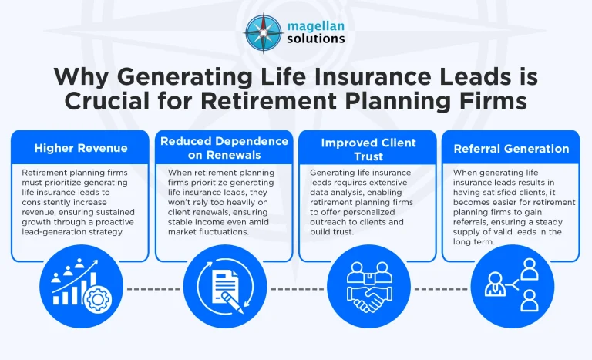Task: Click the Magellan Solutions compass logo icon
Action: tap(263, 32)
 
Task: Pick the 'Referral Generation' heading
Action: tap(510, 148)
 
